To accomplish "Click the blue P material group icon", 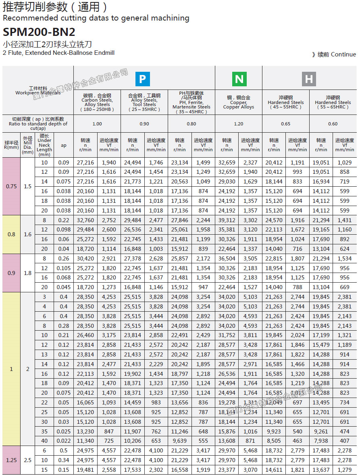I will [142, 79].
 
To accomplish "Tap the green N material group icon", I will [239, 79].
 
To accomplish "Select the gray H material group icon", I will [309, 79].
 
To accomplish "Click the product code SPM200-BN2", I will [39, 32].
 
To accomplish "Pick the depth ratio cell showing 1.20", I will [239, 124].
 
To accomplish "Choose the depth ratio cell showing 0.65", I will [285, 124].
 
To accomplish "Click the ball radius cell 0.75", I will [11, 186].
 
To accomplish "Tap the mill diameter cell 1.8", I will [27, 273].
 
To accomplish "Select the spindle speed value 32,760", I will [85, 220].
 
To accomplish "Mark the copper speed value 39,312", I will [227, 220].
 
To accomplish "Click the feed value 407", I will [345, 441].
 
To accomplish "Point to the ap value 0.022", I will [64, 441].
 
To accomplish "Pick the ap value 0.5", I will [64, 451].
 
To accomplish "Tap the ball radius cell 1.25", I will [11, 460].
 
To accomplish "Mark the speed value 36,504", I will [227, 259].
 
